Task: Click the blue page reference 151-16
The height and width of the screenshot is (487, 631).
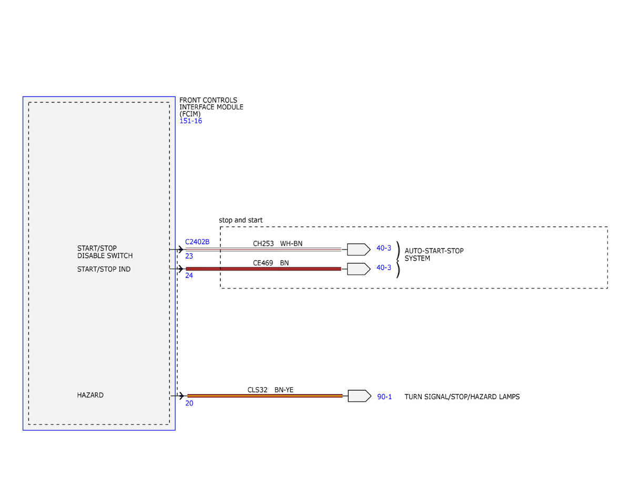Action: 190,121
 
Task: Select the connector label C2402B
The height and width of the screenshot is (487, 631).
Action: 197,242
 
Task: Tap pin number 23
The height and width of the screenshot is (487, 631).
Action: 189,256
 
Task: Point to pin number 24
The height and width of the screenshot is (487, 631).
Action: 189,275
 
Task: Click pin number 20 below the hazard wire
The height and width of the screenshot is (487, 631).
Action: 189,403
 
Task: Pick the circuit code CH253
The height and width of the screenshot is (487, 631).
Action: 263,243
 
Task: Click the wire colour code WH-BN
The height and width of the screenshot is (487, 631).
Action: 291,243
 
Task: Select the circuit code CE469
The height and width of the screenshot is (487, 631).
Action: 263,263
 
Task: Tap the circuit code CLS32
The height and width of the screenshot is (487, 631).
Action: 257,389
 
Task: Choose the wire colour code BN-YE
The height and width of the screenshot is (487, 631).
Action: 284,389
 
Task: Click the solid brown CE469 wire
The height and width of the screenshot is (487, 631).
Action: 263,269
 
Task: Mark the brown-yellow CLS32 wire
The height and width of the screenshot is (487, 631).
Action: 265,396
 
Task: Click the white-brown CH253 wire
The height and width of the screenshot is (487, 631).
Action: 263,250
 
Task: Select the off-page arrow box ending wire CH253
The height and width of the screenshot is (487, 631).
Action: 359,250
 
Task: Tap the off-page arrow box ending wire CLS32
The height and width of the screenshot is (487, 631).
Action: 360,396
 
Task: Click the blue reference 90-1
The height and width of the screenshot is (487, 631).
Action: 384,397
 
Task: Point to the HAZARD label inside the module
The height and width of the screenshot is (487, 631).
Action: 90,395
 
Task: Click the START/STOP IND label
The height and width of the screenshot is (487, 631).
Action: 104,269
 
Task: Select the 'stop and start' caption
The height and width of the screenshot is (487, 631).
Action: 241,220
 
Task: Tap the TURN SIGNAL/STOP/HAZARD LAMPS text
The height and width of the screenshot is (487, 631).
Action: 462,397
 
